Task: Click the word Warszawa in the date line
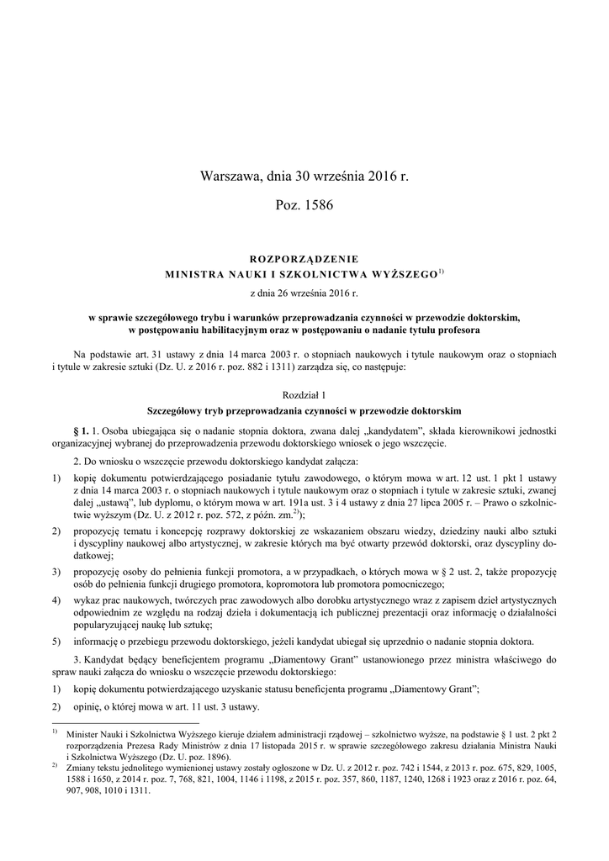(230, 177)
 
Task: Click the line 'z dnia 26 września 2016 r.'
(304, 293)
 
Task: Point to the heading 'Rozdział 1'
(304, 394)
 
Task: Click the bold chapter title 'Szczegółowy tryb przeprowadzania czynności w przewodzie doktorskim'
(304, 411)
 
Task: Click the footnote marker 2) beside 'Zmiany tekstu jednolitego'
(55, 767)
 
